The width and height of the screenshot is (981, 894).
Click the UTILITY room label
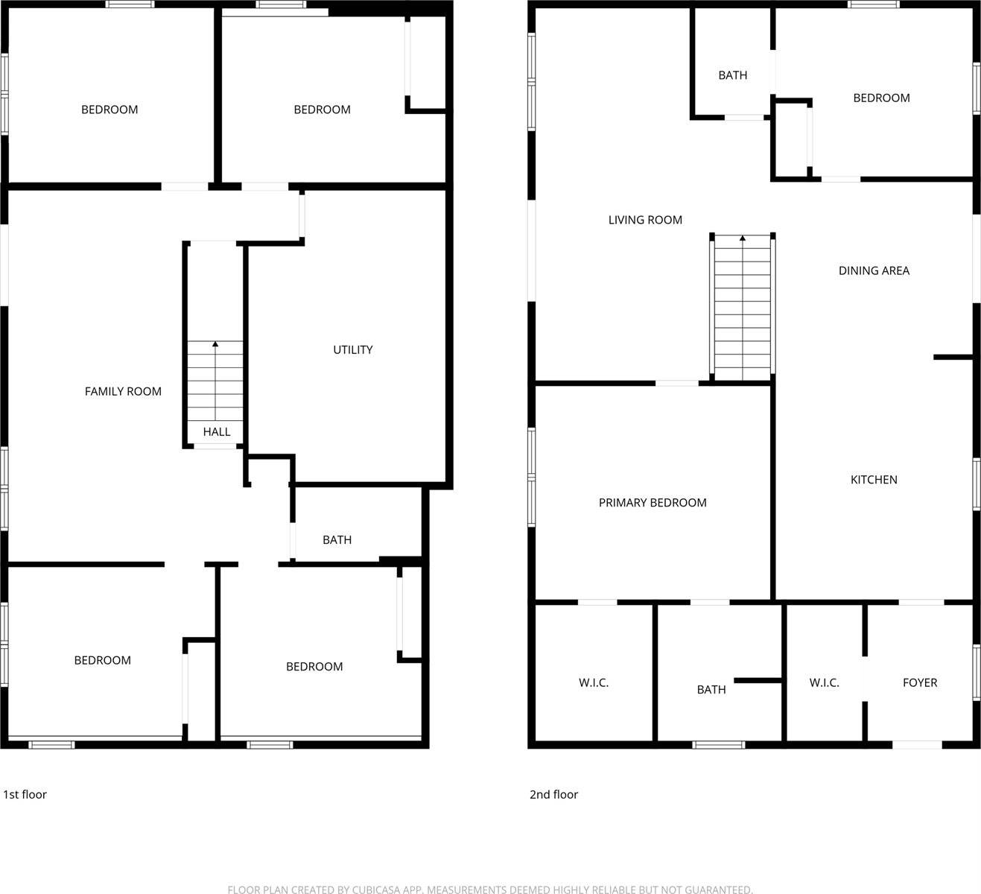(x=352, y=349)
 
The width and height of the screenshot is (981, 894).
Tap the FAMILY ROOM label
(x=123, y=391)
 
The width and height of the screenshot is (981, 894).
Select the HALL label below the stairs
(x=217, y=431)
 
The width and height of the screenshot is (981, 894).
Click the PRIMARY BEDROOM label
(x=653, y=503)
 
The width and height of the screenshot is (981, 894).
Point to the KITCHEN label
(x=874, y=480)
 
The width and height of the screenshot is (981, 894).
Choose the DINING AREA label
(x=874, y=270)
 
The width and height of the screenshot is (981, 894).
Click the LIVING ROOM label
(x=645, y=220)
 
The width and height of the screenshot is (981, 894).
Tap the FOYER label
(x=919, y=682)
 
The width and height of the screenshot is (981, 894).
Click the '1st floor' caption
(x=25, y=794)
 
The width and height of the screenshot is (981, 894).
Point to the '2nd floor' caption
(x=553, y=794)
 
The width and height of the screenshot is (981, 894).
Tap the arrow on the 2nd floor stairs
(x=743, y=238)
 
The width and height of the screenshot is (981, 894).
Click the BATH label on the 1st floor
(x=337, y=539)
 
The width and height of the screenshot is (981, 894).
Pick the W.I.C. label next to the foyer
(x=824, y=682)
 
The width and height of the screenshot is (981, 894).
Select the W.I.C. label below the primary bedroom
(x=594, y=682)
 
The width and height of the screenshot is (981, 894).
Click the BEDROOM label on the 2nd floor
(x=881, y=98)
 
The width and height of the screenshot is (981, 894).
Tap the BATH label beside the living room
(x=732, y=75)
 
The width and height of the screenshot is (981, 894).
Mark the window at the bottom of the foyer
(x=917, y=744)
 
